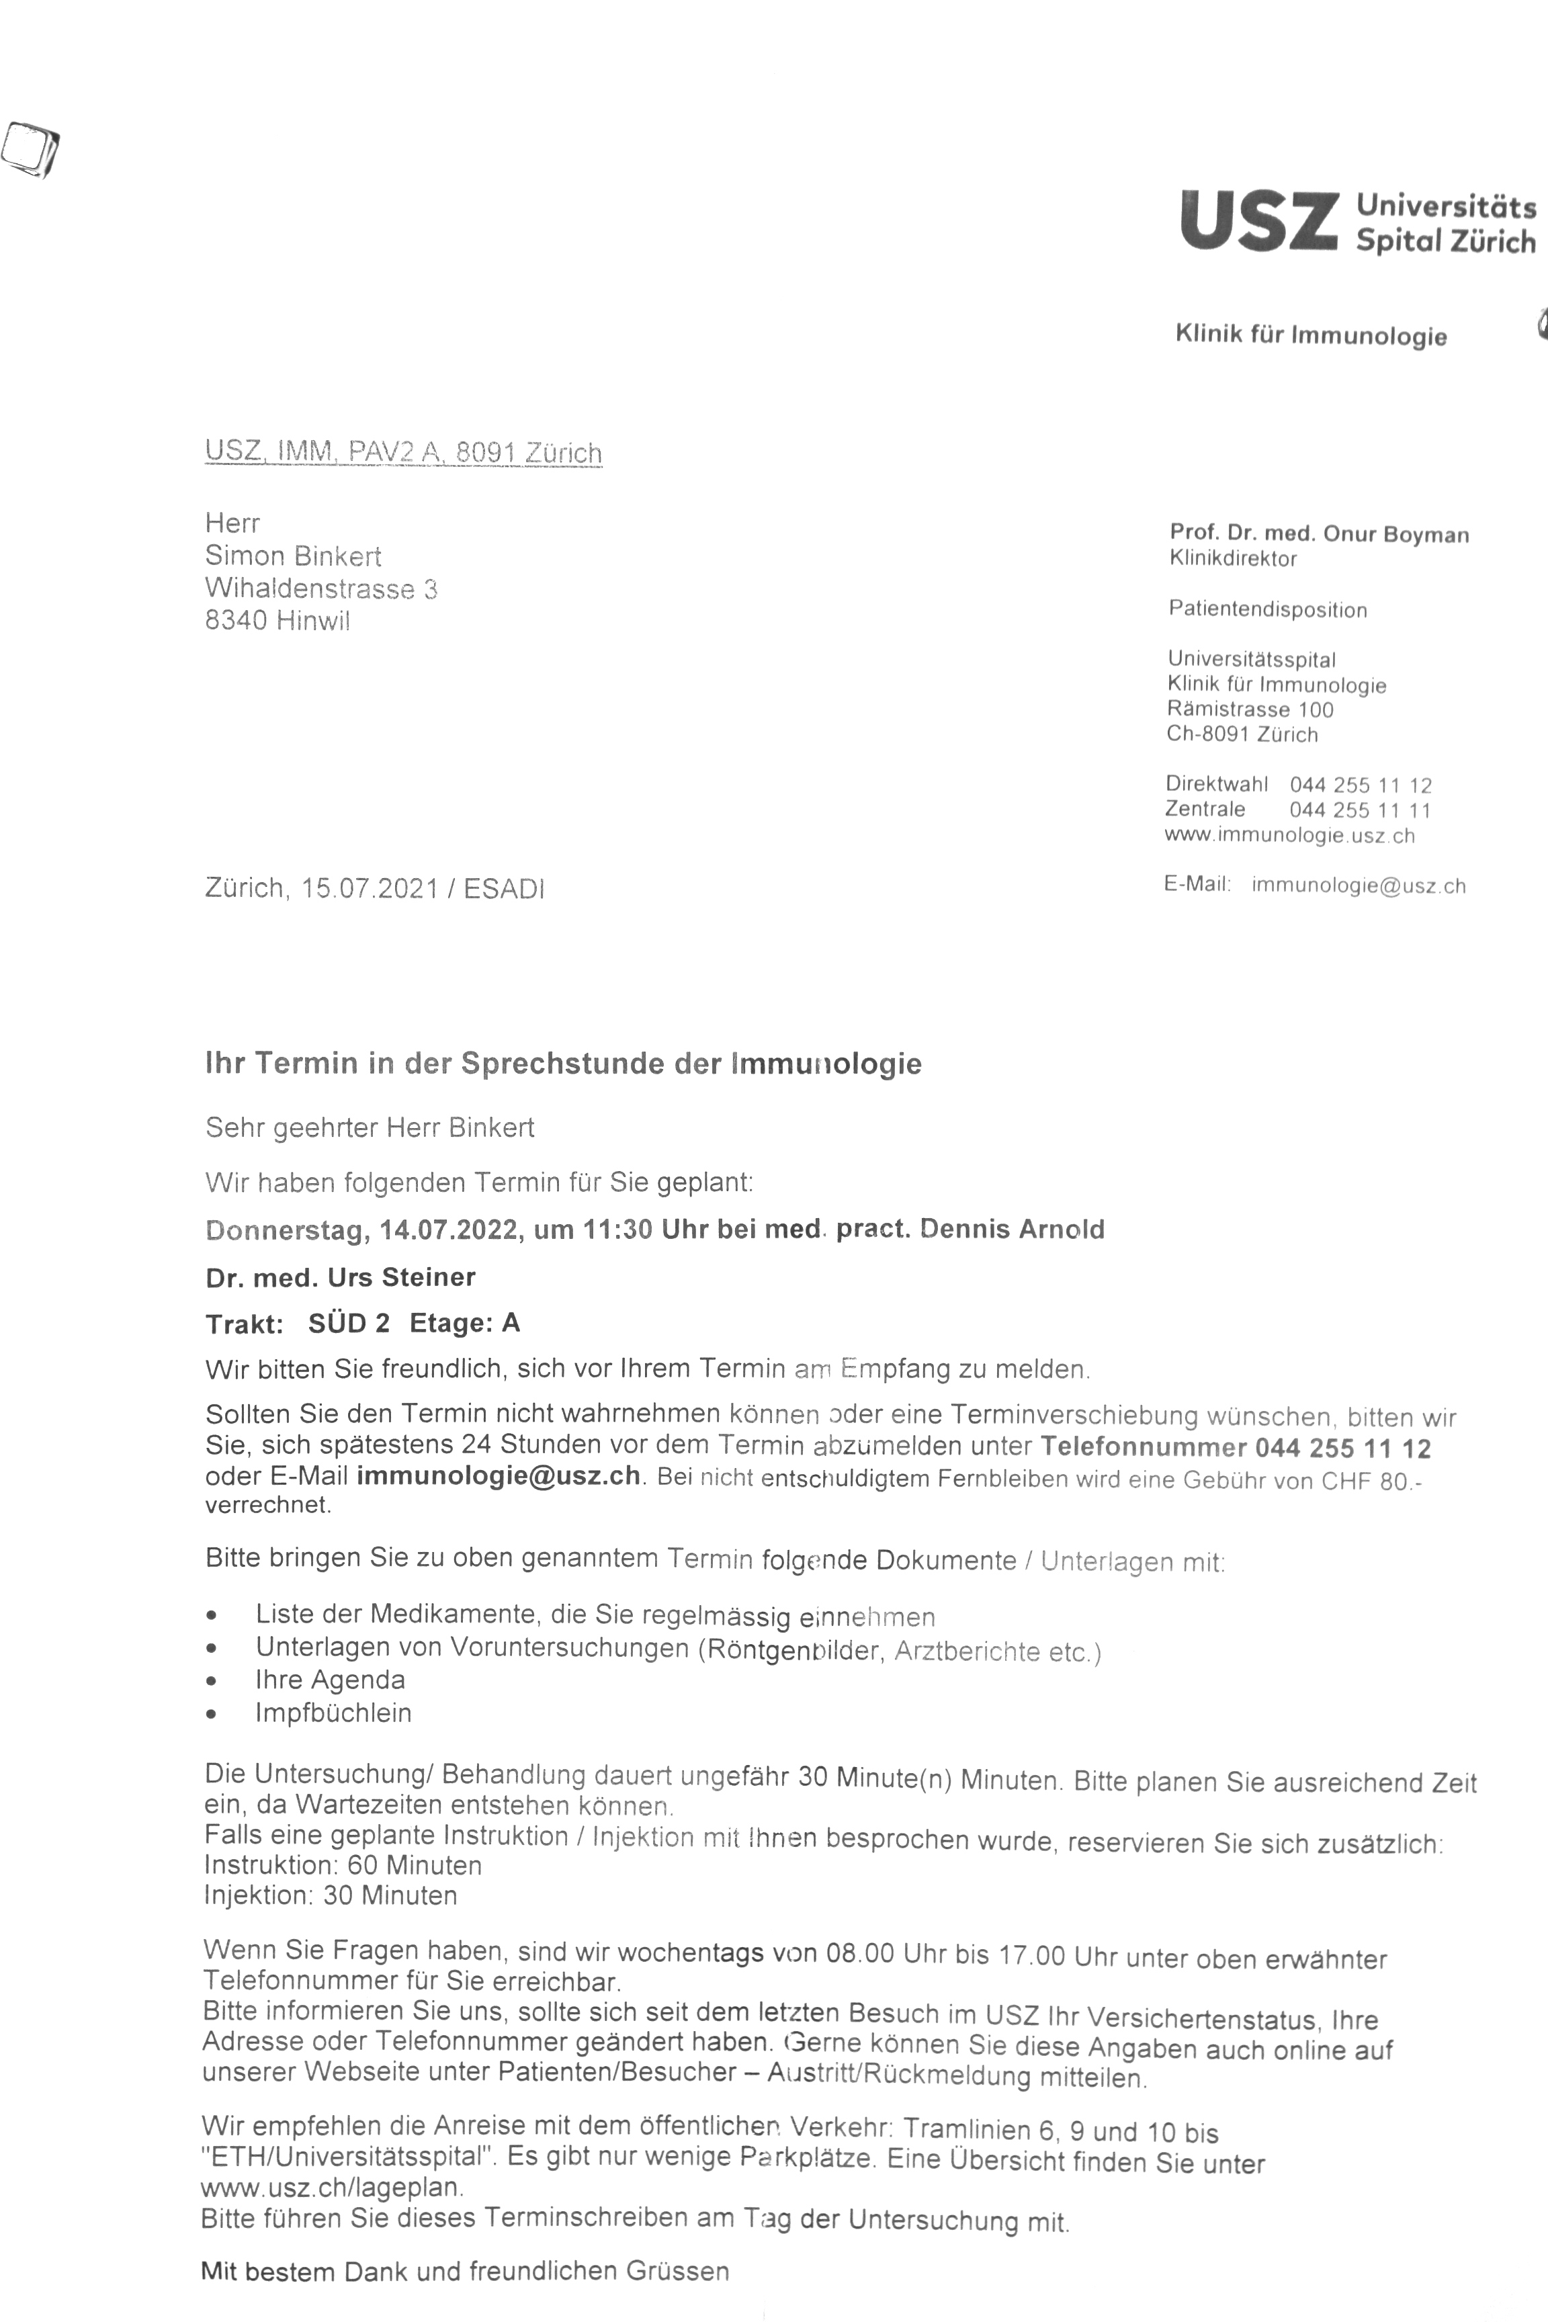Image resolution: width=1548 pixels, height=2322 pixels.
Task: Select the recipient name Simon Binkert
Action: tap(292, 556)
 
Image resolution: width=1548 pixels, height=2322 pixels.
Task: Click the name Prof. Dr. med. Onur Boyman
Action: tap(1318, 534)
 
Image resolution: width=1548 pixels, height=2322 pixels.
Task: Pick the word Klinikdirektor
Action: tap(1232, 559)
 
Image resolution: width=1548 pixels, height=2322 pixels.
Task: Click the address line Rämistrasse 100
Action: tap(1249, 709)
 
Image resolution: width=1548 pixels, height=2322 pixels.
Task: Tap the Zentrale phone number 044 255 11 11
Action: tap(1359, 810)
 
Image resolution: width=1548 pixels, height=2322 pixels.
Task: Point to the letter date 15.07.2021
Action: tap(370, 888)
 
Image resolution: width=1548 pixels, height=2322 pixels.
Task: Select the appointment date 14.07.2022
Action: tap(448, 1229)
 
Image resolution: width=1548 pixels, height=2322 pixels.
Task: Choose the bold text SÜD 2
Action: tap(349, 1323)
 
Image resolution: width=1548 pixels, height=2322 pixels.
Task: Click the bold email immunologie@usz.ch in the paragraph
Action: tap(498, 1477)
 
